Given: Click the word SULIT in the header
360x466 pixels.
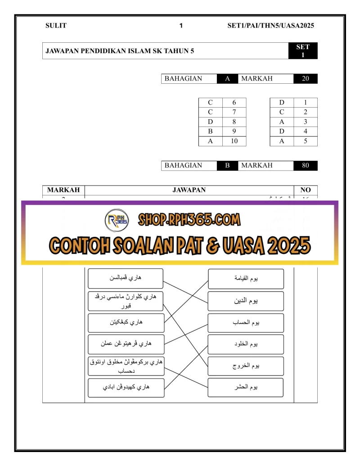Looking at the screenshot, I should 56,26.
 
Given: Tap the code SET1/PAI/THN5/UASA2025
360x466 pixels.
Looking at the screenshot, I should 270,26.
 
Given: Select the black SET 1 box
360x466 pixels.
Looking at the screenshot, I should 303,51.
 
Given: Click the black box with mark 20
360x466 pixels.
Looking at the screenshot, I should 306,79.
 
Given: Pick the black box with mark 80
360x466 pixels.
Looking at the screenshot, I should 306,166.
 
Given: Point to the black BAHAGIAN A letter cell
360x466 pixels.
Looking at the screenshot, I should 227,79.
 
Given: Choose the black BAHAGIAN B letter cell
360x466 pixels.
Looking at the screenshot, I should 227,166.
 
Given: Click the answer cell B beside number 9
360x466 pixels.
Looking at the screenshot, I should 210,131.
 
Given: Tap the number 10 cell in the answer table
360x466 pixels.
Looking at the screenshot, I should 234,141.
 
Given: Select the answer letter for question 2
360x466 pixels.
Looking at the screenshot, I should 282,112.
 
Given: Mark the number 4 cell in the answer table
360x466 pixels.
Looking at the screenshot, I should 306,131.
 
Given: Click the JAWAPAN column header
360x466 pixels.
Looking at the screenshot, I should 189,190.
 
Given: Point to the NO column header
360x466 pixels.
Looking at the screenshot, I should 306,190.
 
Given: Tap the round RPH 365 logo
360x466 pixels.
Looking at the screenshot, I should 117,220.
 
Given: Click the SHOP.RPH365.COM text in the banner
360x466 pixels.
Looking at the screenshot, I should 189,220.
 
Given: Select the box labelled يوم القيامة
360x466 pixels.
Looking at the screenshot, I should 246,279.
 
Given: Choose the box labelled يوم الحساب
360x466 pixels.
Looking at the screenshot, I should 246,323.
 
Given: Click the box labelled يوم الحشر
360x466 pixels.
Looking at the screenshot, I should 246,387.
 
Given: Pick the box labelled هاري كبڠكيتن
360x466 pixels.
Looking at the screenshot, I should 126,323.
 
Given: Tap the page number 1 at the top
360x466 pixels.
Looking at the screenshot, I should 181,26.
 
